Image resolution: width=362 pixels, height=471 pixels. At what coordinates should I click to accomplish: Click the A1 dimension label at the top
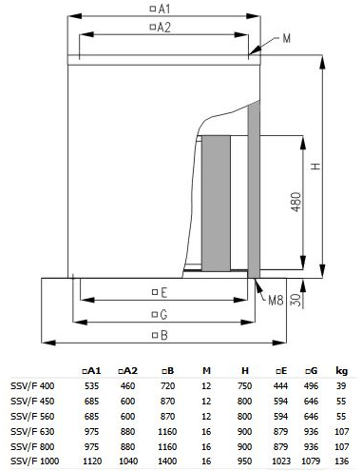(161, 9)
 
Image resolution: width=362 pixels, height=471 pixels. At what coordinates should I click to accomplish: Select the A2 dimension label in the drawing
(161, 28)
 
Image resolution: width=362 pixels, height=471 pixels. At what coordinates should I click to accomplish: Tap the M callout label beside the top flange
(286, 39)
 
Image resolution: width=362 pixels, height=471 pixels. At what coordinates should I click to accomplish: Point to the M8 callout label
(276, 300)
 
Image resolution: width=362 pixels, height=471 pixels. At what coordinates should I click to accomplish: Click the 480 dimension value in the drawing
(295, 202)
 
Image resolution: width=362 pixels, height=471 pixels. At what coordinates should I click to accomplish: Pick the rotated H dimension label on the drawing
(315, 167)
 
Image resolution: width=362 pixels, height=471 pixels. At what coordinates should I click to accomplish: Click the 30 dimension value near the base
(295, 300)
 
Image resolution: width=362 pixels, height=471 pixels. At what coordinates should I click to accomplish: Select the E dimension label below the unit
(160, 292)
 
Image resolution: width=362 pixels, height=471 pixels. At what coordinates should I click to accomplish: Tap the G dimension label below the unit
(160, 315)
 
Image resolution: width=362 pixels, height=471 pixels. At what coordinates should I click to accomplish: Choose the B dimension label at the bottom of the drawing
(160, 335)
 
